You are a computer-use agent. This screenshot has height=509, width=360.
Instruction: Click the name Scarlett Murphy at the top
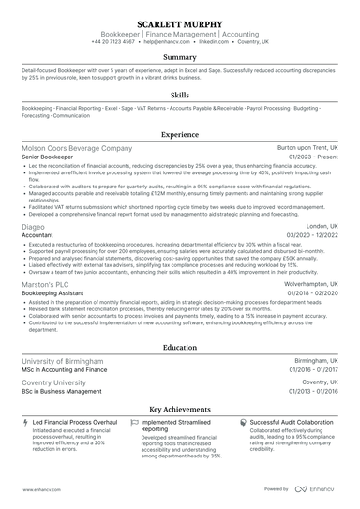180,22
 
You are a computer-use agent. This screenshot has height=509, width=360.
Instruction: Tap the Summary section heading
180,57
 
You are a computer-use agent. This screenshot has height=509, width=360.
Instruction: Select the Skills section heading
180,96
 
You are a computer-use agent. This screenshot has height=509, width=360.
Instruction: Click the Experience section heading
180,135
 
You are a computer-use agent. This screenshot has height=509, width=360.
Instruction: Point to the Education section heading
180,347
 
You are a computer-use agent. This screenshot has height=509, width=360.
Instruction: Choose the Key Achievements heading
180,410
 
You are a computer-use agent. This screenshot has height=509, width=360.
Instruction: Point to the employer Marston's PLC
45,283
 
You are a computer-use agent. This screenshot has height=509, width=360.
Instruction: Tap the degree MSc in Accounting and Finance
64,370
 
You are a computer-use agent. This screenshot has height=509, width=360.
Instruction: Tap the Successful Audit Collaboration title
292,423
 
